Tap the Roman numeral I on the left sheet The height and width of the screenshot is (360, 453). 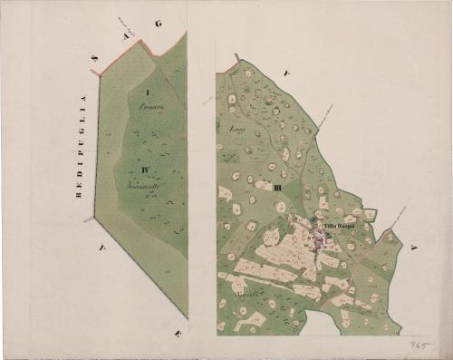click(146, 94)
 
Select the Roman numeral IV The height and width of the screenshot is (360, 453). click(145, 169)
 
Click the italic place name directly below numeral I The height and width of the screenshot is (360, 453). click(149, 109)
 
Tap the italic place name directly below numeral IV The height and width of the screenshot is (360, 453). click(143, 184)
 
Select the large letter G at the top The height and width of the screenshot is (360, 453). click(158, 24)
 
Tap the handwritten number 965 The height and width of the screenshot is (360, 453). click(418, 345)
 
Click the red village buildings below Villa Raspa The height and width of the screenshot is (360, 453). click(320, 238)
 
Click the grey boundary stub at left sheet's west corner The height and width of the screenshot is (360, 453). click(89, 219)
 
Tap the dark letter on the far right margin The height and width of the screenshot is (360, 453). click(412, 248)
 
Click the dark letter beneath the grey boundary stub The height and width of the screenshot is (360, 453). click(103, 245)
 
